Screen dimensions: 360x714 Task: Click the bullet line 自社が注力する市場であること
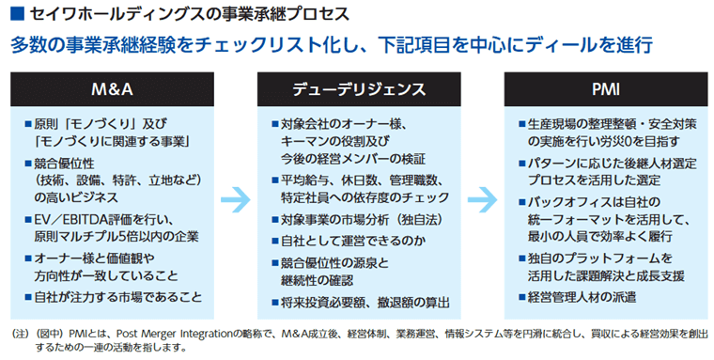[119, 298]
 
